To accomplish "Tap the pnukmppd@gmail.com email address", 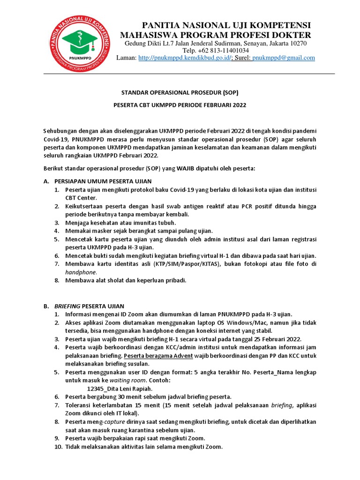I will point(283,58).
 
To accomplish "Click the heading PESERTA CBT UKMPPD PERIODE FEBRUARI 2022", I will point(180,105).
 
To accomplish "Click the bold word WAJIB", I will point(174,168).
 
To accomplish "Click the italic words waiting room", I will point(129,380).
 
